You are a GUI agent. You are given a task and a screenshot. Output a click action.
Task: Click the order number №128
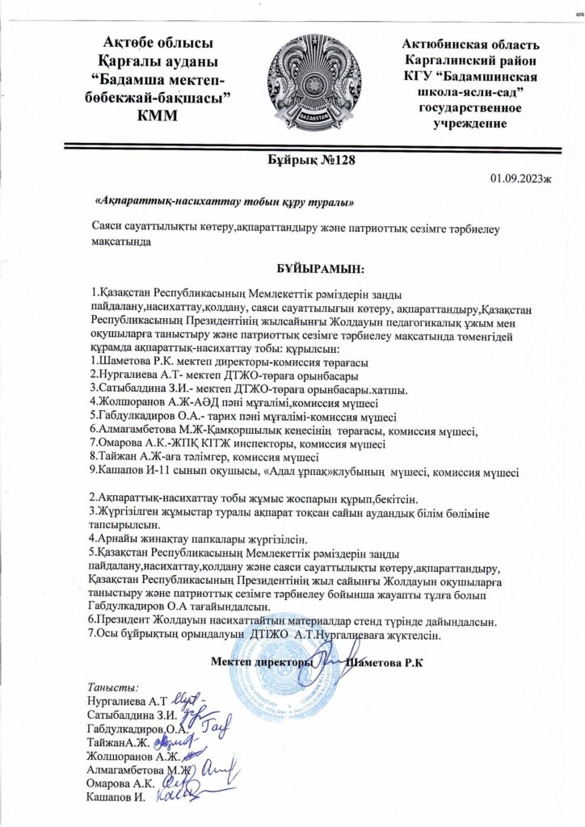tap(333, 160)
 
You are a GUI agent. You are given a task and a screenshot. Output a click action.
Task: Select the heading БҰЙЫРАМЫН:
tap(317, 267)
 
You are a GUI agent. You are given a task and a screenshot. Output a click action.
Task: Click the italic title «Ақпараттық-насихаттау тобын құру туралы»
tap(225, 199)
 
